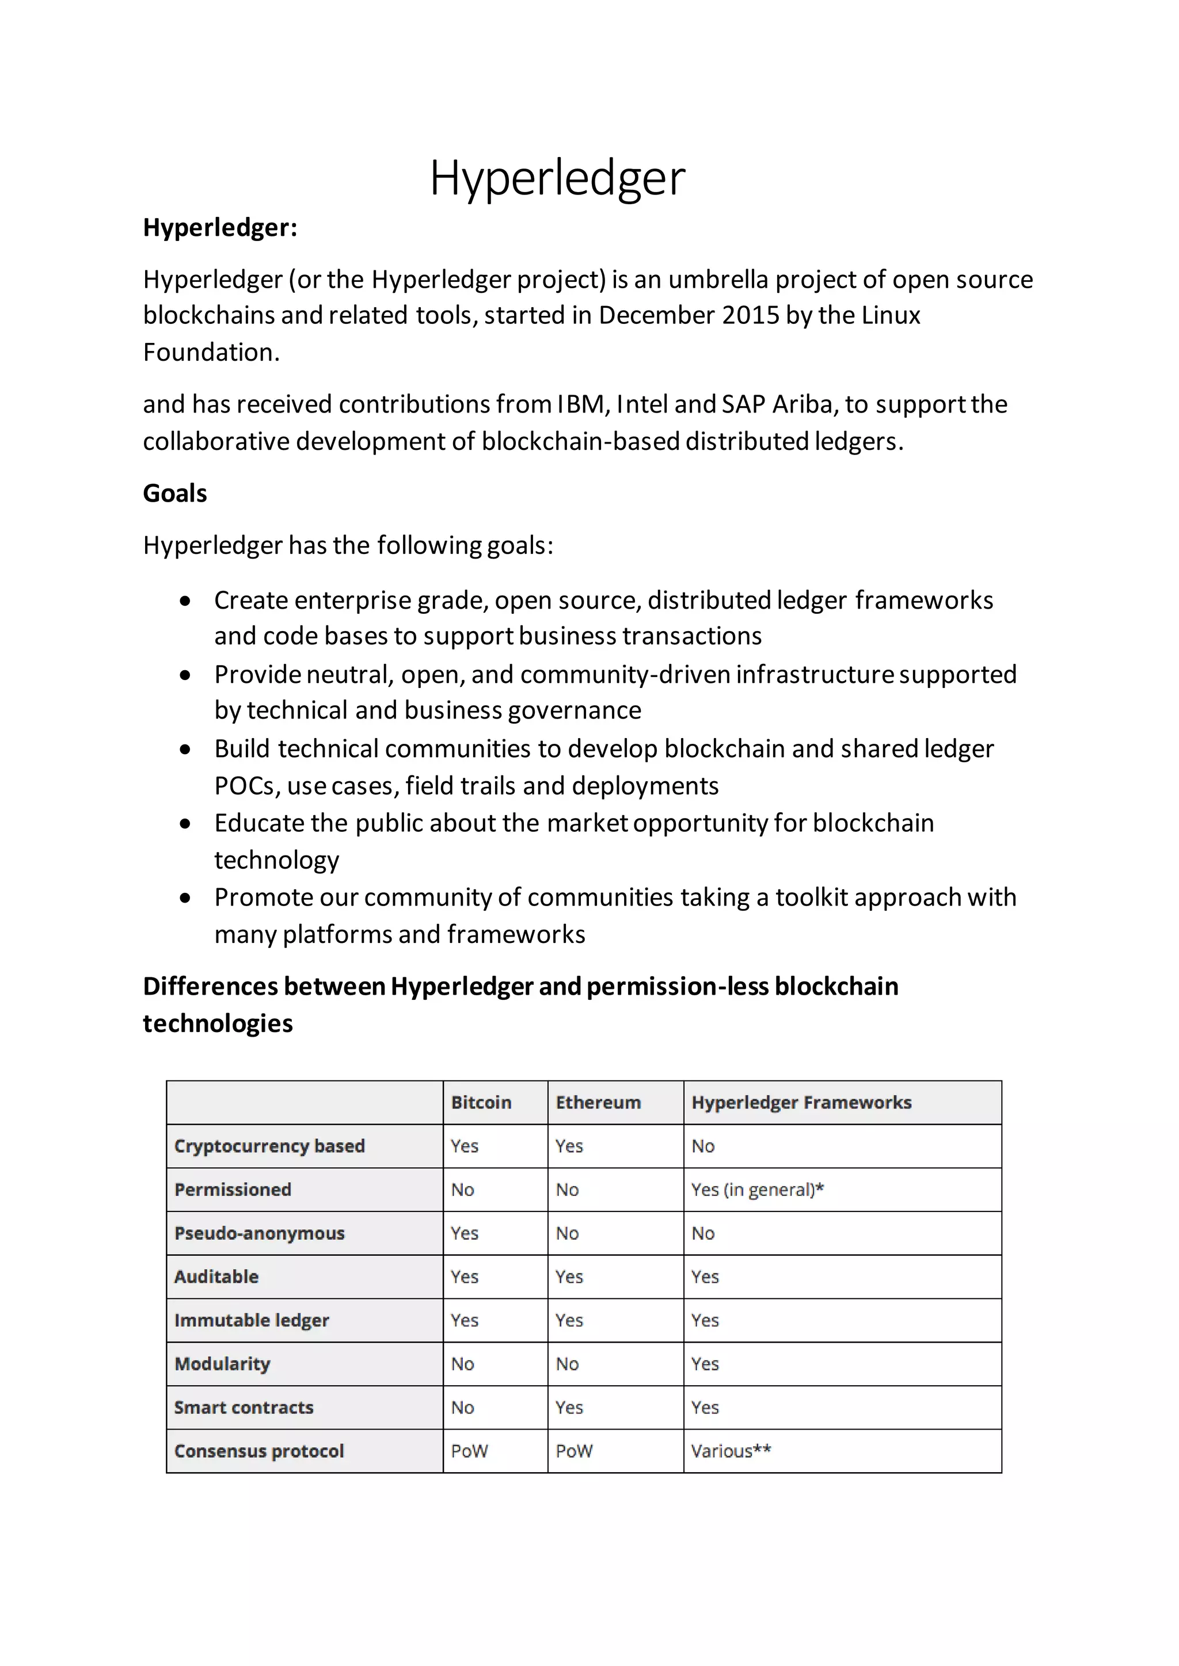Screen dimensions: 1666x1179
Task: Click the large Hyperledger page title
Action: (x=557, y=178)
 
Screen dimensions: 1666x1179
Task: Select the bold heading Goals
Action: (x=175, y=494)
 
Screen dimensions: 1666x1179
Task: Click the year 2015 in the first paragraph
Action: (x=750, y=316)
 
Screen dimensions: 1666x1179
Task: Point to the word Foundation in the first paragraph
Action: (x=211, y=353)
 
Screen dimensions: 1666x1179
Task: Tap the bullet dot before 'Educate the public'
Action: (x=186, y=824)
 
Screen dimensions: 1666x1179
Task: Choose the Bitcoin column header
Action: (x=481, y=1103)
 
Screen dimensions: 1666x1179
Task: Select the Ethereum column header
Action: (x=598, y=1103)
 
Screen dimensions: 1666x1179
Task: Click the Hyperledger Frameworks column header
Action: (x=801, y=1103)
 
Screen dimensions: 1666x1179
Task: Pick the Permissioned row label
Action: (x=233, y=1190)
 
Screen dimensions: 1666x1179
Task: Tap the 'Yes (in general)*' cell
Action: (x=757, y=1190)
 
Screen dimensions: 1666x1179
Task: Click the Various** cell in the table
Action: (x=731, y=1451)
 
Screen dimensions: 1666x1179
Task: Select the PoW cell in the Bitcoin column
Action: (x=469, y=1451)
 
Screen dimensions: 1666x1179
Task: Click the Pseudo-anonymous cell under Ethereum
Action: (x=567, y=1233)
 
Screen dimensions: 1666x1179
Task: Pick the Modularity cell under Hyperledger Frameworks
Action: (x=704, y=1364)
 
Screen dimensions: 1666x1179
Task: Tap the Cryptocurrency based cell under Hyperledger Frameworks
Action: (x=703, y=1147)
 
